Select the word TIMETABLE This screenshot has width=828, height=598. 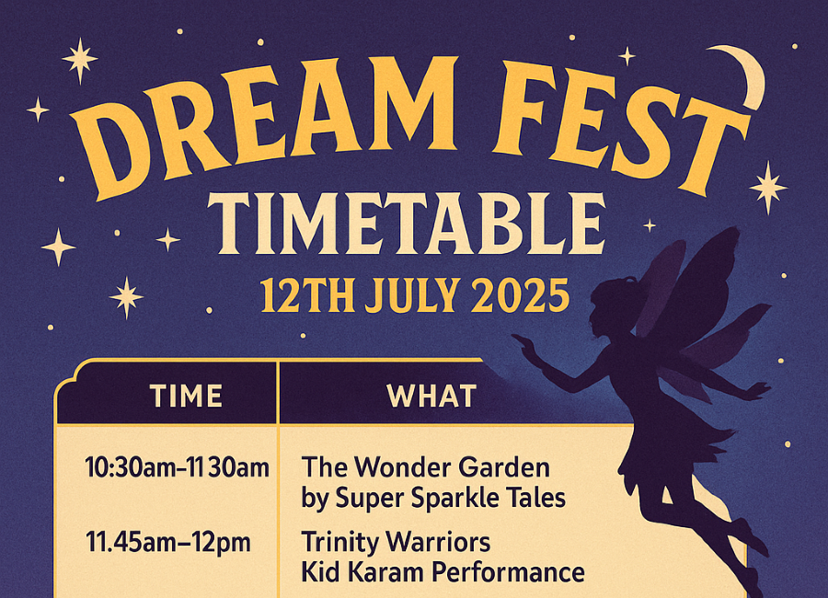(x=406, y=224)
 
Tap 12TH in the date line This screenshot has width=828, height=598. (x=306, y=296)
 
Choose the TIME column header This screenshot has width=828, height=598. (x=186, y=396)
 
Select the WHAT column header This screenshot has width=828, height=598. (x=431, y=396)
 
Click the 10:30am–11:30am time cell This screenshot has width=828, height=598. (x=177, y=467)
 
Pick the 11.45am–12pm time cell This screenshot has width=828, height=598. (x=168, y=543)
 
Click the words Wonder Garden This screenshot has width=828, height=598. (x=452, y=467)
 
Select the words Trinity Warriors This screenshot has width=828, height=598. (x=396, y=543)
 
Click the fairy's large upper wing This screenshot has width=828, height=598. (x=697, y=285)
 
